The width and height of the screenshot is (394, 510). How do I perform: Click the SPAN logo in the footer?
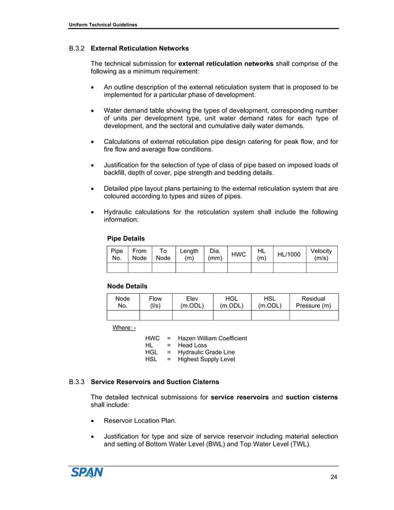click(86, 473)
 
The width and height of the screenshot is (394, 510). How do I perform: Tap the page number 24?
click(334, 477)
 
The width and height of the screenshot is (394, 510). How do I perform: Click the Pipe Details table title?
click(126, 238)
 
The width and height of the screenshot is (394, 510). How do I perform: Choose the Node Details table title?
click(127, 286)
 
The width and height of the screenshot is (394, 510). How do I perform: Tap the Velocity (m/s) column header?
click(321, 255)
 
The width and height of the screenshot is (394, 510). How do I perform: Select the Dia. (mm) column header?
click(215, 255)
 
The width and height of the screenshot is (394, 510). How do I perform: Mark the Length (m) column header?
click(189, 255)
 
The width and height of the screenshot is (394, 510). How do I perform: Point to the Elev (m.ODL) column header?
click(192, 302)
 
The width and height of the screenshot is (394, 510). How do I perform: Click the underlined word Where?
click(124, 328)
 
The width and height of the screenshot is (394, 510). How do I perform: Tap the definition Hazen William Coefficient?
click(212, 338)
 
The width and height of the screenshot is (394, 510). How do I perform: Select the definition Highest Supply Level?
click(206, 359)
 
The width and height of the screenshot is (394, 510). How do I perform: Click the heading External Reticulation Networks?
click(140, 48)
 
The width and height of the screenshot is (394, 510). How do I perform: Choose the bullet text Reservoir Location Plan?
click(139, 420)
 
